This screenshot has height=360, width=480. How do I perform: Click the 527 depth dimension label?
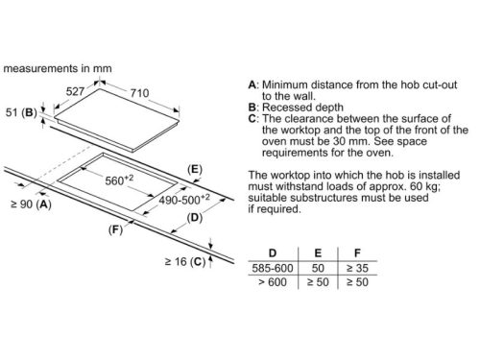click(x=75, y=91)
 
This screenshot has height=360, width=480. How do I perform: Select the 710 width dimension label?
click(x=140, y=93)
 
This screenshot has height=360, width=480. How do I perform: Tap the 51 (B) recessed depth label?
click(x=21, y=112)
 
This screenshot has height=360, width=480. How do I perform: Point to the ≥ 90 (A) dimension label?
click(x=31, y=204)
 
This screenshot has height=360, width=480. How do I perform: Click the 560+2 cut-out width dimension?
click(x=119, y=180)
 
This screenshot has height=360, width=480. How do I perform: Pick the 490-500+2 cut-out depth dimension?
click(x=184, y=200)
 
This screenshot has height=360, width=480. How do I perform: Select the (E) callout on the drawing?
click(x=195, y=169)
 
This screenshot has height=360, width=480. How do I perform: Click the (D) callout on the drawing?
click(x=195, y=218)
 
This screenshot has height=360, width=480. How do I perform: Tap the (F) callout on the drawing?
click(x=115, y=229)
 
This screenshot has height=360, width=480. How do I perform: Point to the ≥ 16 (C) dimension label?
click(x=185, y=262)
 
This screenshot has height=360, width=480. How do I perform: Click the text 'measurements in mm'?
click(x=58, y=68)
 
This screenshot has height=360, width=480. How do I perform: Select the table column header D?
click(x=273, y=253)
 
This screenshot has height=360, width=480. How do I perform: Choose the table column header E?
click(x=318, y=253)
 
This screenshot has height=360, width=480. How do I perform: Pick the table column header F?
click(x=357, y=253)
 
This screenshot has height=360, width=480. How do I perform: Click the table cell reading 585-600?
click(x=273, y=268)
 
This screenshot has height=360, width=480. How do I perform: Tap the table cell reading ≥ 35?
click(x=357, y=268)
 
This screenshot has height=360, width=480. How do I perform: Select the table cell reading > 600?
click(x=273, y=282)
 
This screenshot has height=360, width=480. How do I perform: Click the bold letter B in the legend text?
click(x=252, y=108)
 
